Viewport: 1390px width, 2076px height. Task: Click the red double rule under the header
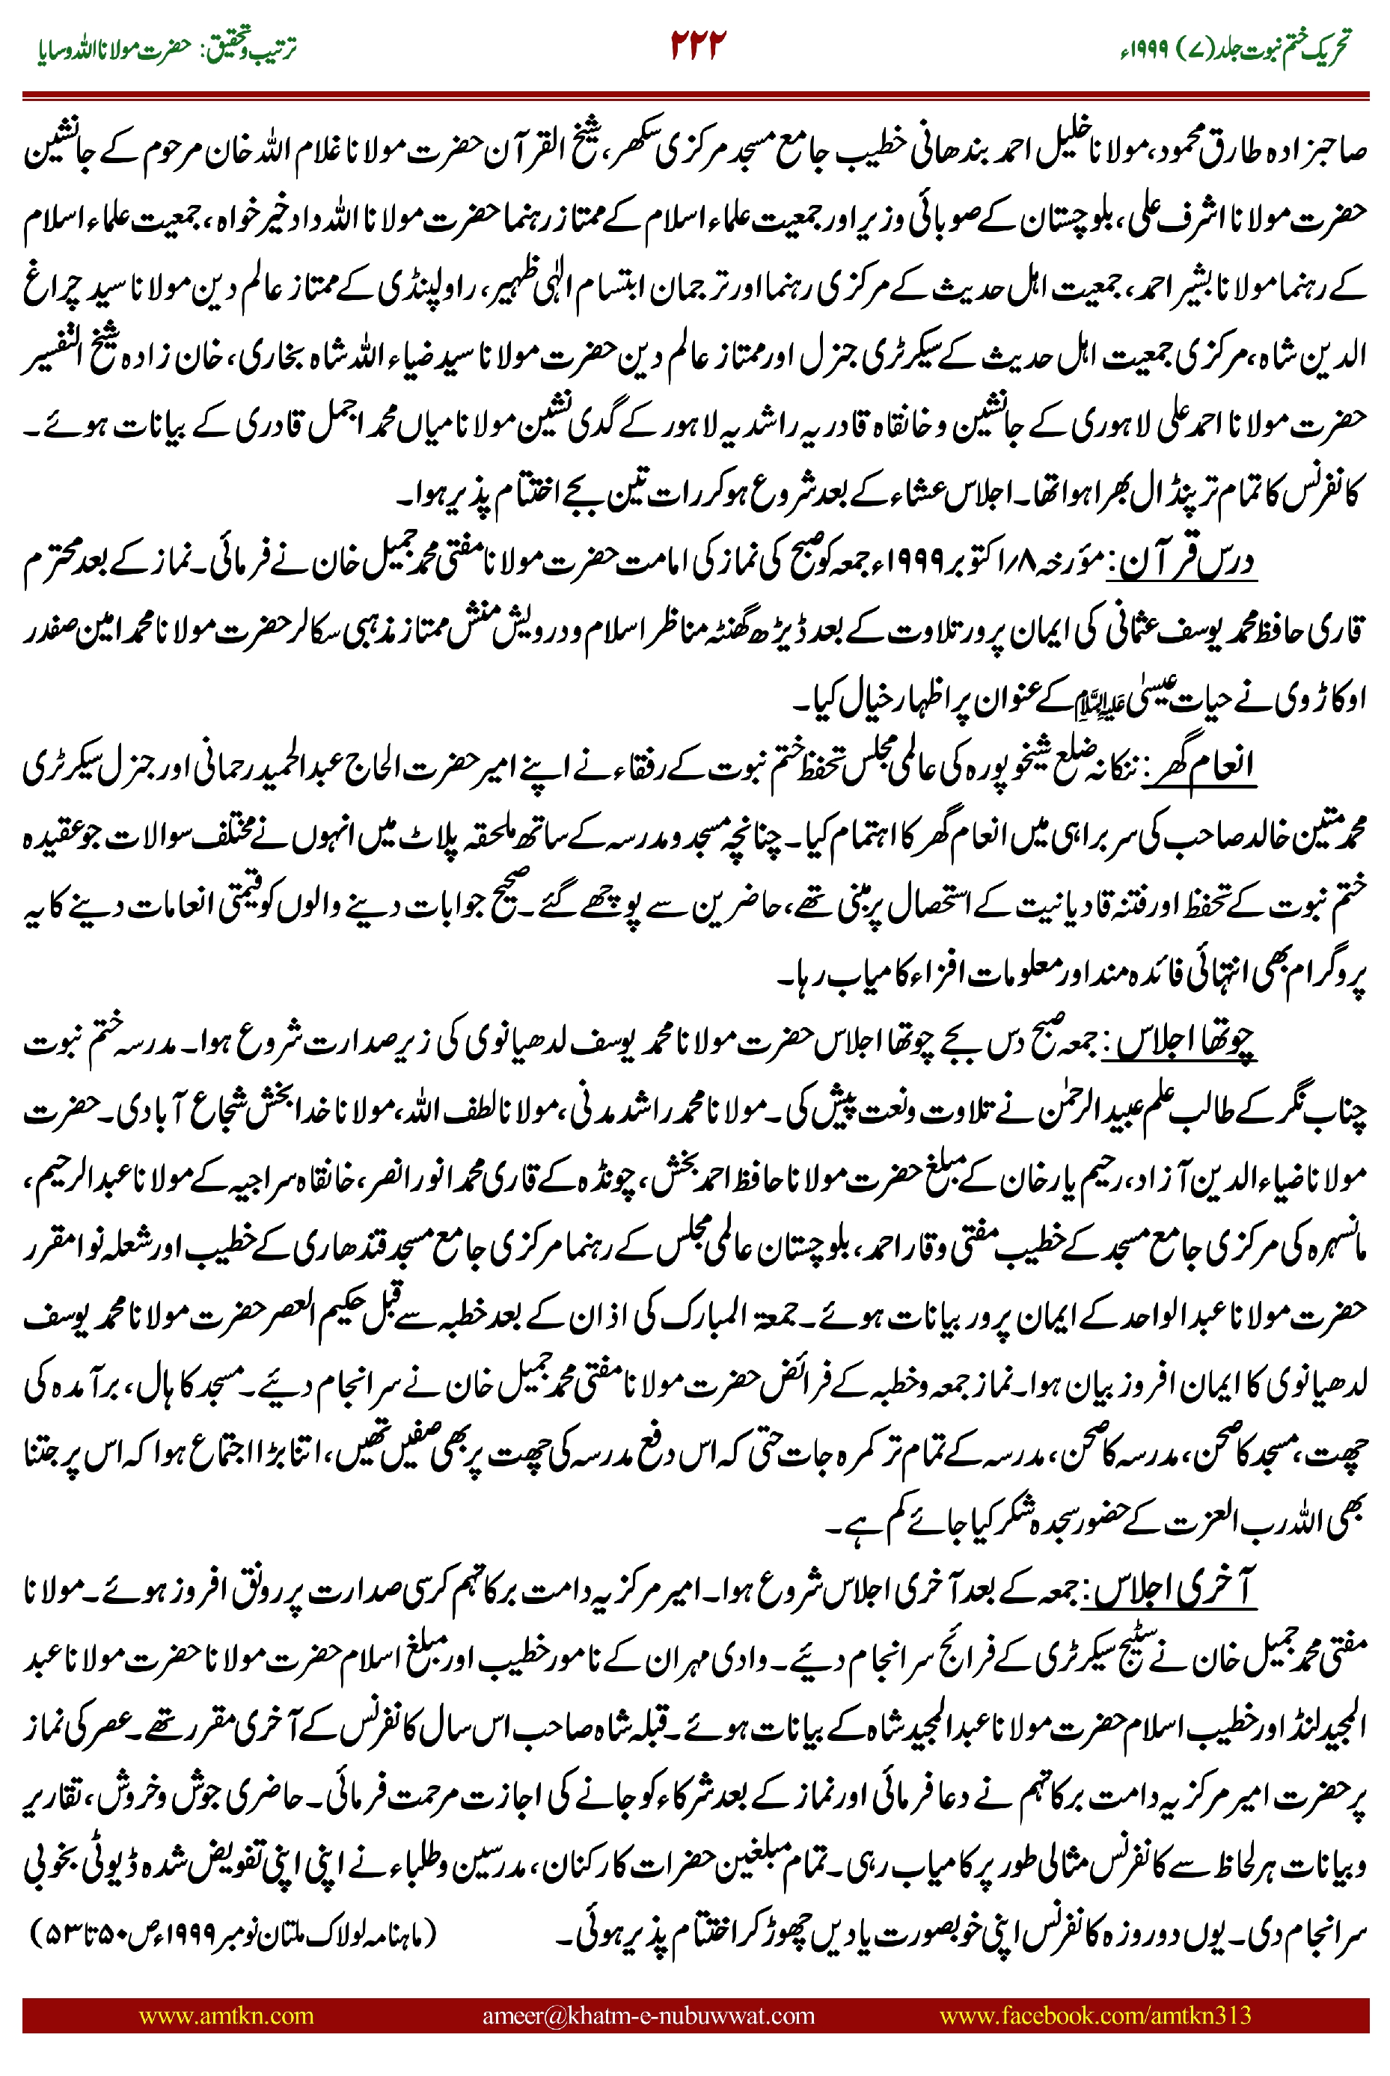695,93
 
